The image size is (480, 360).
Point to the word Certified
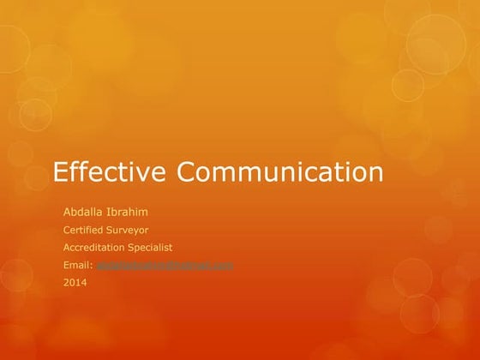[x=85, y=229]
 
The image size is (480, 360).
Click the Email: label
[x=79, y=265]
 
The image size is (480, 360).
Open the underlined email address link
[x=165, y=265]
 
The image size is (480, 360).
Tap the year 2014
[x=75, y=283]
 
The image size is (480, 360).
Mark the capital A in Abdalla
[x=68, y=211]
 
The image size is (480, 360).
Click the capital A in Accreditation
[x=68, y=247]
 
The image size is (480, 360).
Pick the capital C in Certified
[x=68, y=229]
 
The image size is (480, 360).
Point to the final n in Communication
[x=375, y=174]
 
